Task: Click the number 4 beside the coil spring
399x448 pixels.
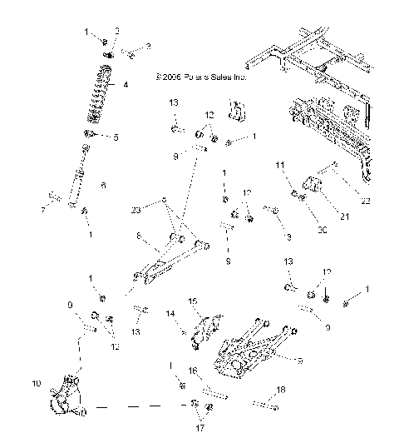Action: [x=126, y=85]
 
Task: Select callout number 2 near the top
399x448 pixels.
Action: [x=148, y=47]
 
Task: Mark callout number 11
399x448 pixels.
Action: [x=278, y=167]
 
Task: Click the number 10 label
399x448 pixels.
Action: [x=35, y=384]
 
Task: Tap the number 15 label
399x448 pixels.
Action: [x=191, y=301]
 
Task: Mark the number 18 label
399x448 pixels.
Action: [x=280, y=390]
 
